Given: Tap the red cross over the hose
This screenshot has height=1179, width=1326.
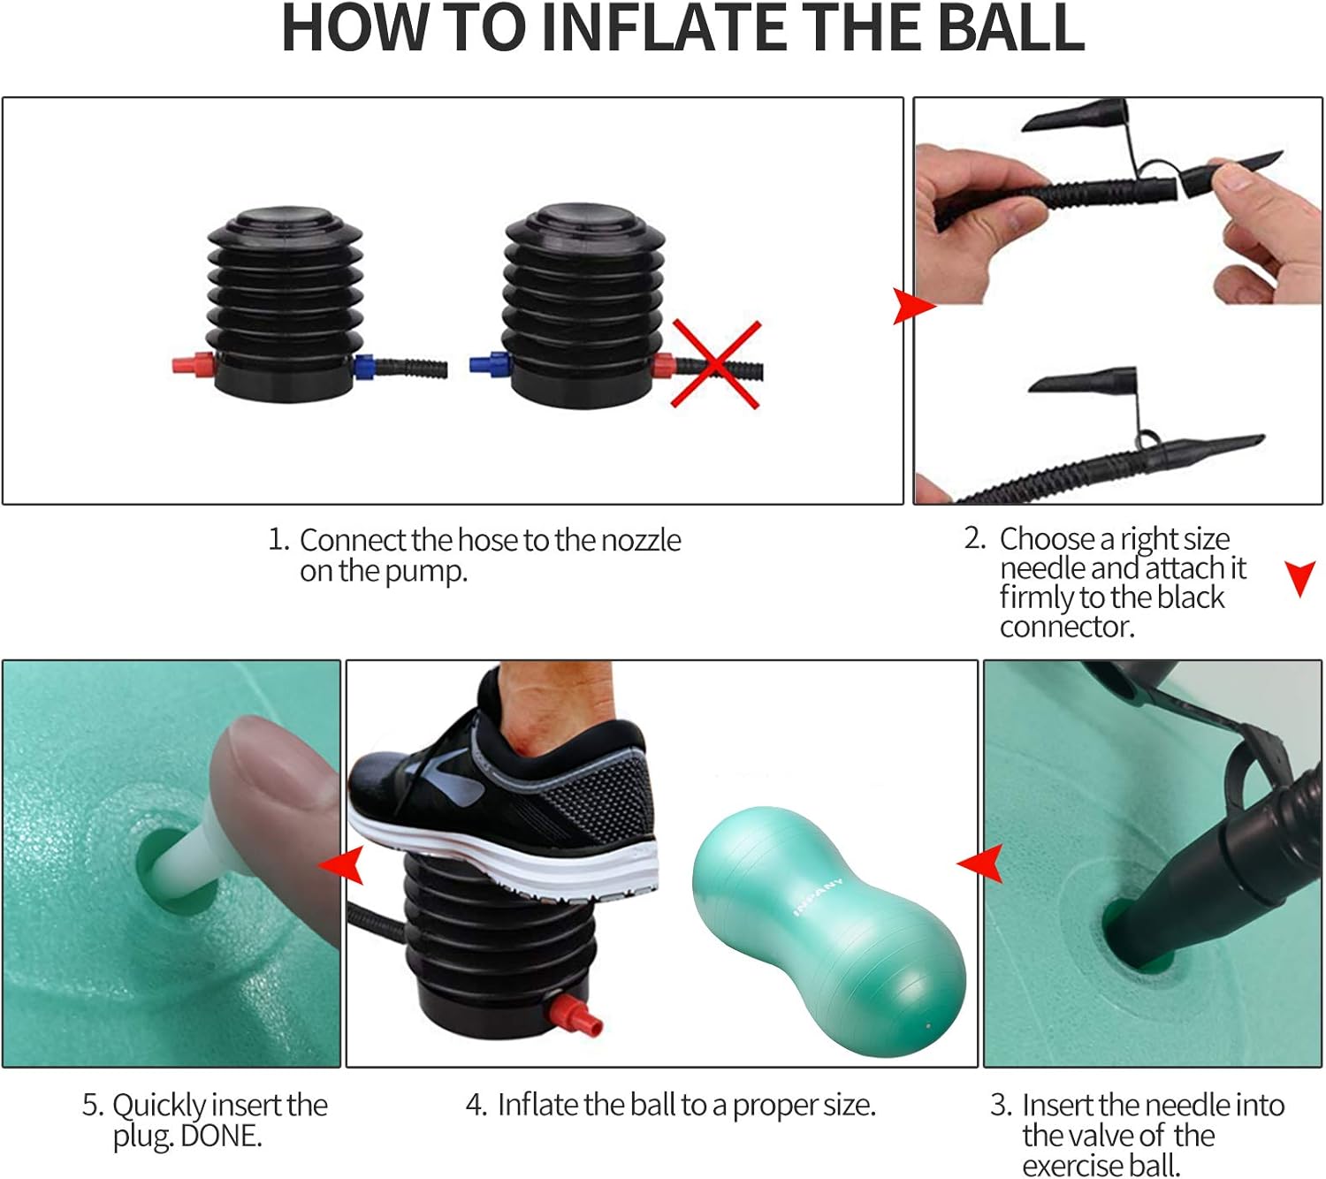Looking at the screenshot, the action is point(716,364).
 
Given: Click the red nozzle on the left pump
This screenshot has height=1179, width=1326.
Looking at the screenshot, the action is point(193,364).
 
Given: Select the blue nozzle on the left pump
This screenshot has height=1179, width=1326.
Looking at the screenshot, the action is point(364,367).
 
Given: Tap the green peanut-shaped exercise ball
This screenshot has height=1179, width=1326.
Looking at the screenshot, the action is point(828,931).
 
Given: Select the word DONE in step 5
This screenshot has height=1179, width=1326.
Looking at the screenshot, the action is point(221,1137).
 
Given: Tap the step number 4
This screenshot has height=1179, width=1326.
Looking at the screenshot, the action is point(476,1105).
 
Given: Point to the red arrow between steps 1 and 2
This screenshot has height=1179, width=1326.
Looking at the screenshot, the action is point(914,306).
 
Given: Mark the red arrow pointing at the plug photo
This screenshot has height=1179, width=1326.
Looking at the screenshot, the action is point(341,865).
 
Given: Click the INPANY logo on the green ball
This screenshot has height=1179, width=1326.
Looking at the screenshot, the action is point(818,898).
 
